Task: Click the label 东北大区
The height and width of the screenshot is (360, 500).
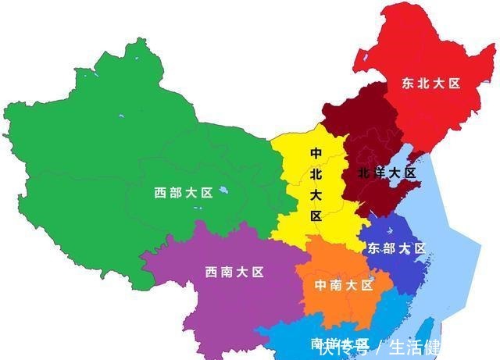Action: (431, 83)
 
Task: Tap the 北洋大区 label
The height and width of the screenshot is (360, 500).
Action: (387, 173)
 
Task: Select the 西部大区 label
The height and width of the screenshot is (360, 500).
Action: (184, 193)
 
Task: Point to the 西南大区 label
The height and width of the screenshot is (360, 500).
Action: (234, 272)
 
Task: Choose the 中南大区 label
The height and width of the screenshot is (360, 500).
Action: (344, 285)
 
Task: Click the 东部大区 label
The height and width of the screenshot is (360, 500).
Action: (396, 248)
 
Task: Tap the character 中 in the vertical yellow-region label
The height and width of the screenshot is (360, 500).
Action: (316, 153)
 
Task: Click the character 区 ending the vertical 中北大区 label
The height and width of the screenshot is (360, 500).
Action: (316, 216)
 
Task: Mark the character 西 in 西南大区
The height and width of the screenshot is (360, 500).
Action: (211, 272)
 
